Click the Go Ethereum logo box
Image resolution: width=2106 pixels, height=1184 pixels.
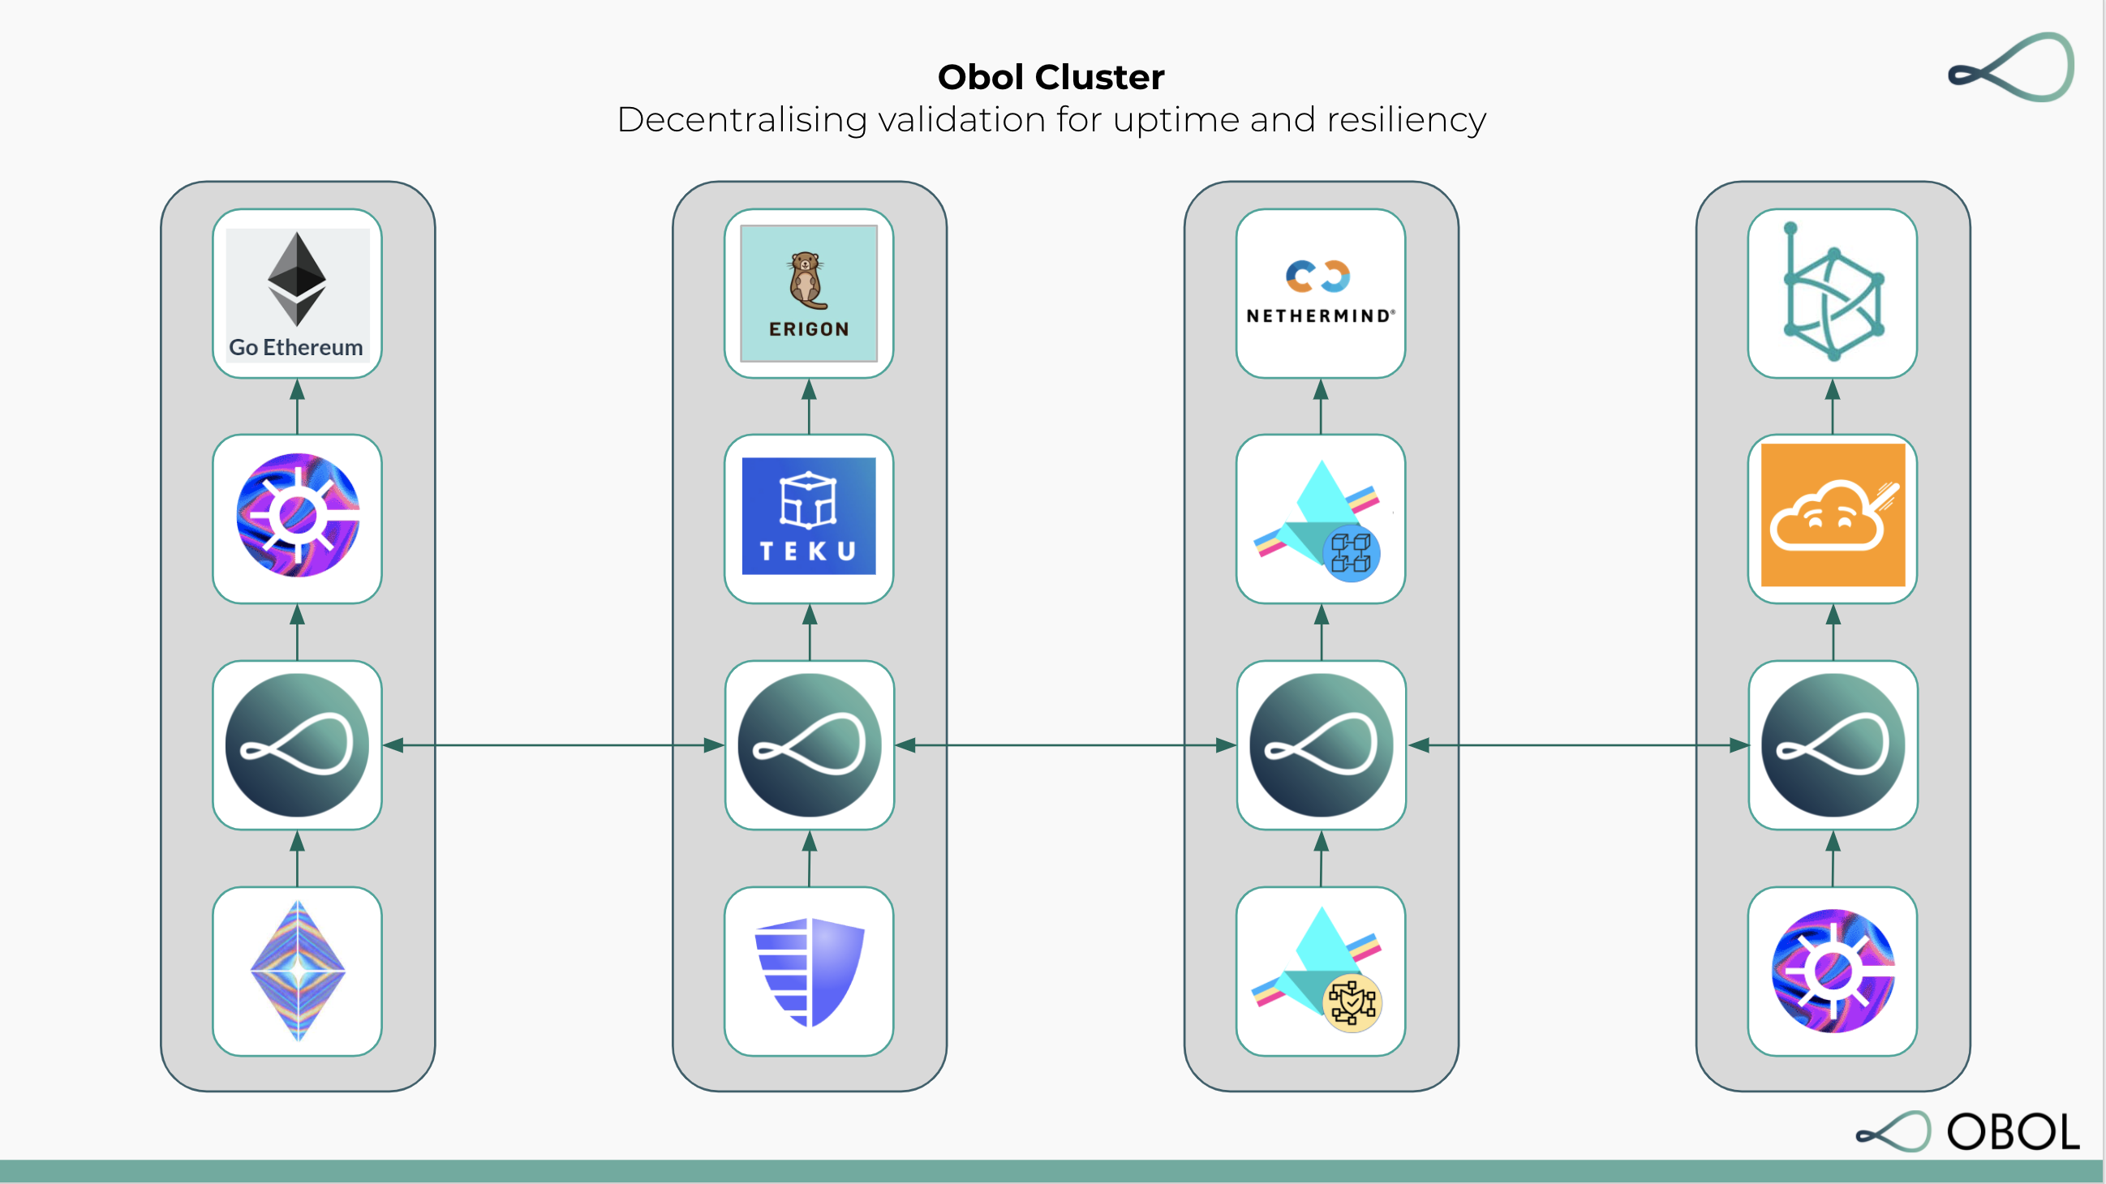(x=297, y=294)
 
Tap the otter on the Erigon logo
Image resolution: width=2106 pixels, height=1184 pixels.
(x=807, y=280)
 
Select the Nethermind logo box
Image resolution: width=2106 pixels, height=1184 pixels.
(x=1321, y=294)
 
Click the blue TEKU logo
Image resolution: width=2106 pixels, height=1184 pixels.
(x=809, y=517)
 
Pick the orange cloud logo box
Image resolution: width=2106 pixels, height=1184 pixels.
(x=1832, y=517)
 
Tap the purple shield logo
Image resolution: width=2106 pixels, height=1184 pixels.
(x=809, y=972)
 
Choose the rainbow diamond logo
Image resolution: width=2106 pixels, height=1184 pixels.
(x=298, y=971)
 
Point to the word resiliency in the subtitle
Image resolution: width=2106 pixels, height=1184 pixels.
(x=1405, y=120)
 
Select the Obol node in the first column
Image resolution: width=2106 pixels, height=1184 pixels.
(x=297, y=745)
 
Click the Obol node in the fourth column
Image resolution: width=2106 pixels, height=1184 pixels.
(x=1832, y=745)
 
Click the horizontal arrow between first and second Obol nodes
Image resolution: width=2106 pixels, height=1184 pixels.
(x=554, y=745)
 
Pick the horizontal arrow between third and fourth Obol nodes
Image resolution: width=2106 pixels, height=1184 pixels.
(x=1578, y=745)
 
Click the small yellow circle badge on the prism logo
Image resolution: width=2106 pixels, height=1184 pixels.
(x=1352, y=1002)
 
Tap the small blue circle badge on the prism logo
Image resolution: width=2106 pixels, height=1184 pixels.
(x=1351, y=553)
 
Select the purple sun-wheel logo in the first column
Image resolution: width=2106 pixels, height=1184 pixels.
(x=298, y=516)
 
